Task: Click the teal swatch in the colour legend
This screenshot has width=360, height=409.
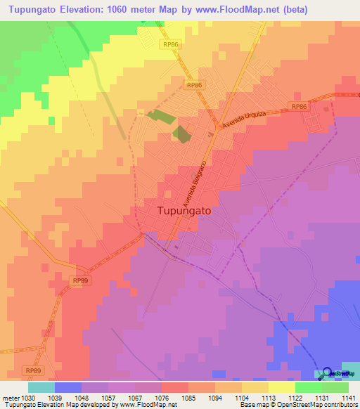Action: tap(41, 387)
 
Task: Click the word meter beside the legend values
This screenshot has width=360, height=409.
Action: tap(8, 396)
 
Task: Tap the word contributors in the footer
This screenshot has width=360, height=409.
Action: tap(341, 405)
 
